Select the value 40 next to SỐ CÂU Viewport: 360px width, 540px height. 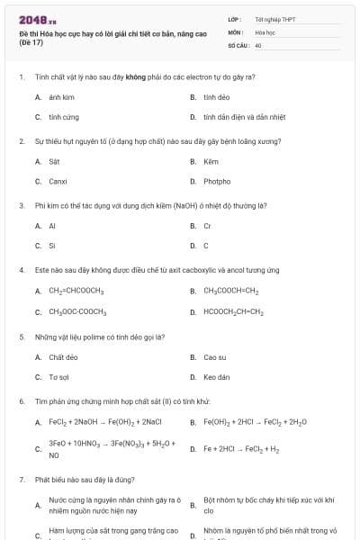[x=258, y=44]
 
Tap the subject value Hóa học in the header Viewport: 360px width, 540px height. [x=264, y=31]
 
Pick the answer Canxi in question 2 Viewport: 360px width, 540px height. [x=58, y=182]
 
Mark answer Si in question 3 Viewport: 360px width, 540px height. [x=52, y=246]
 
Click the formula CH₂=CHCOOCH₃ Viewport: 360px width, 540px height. [x=76, y=291]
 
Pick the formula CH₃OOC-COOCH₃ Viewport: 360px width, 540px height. [x=78, y=311]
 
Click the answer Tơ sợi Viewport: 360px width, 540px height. [x=59, y=376]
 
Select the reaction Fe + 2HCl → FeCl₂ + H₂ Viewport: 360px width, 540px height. [x=241, y=448]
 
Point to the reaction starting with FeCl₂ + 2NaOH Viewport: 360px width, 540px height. [x=104, y=421]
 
